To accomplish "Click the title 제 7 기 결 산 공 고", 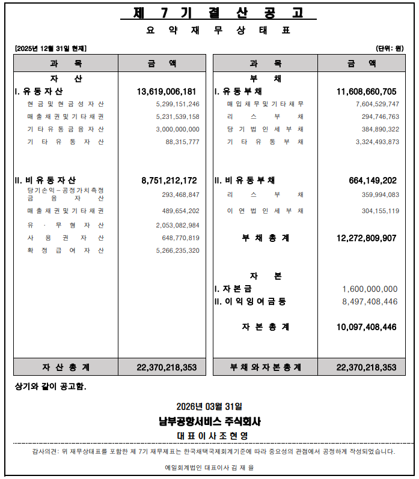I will click(x=210, y=13).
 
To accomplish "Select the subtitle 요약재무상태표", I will click(x=210, y=30).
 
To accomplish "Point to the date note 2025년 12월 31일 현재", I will click(x=50, y=49).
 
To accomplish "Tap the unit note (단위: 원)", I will click(x=389, y=49).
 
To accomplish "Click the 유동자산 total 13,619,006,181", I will click(x=167, y=92).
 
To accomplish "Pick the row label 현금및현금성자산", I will click(x=66, y=104).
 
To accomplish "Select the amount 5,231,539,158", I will click(x=177, y=117).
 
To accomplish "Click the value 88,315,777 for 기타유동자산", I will click(x=182, y=142).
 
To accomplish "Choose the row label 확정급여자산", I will click(x=66, y=251).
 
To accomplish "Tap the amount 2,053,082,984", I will click(x=177, y=225).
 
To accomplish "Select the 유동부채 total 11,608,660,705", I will click(x=366, y=92).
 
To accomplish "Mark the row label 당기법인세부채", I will click(x=265, y=130).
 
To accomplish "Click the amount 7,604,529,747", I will click(x=377, y=104).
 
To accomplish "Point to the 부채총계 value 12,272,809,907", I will click(x=366, y=238).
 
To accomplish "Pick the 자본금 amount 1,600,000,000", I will click(x=370, y=289).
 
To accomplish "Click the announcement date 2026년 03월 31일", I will click(x=209, y=407).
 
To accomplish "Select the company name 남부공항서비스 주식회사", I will click(x=209, y=421).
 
